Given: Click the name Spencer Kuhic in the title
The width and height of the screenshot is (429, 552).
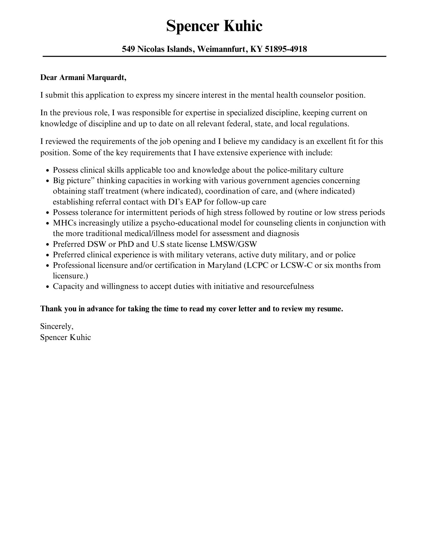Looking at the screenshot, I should point(214,26).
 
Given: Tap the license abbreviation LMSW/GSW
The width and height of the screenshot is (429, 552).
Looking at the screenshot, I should point(233,244).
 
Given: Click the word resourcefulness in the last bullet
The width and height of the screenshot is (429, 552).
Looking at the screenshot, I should point(287,286).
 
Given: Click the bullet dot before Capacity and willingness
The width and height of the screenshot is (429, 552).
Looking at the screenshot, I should point(48,287).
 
